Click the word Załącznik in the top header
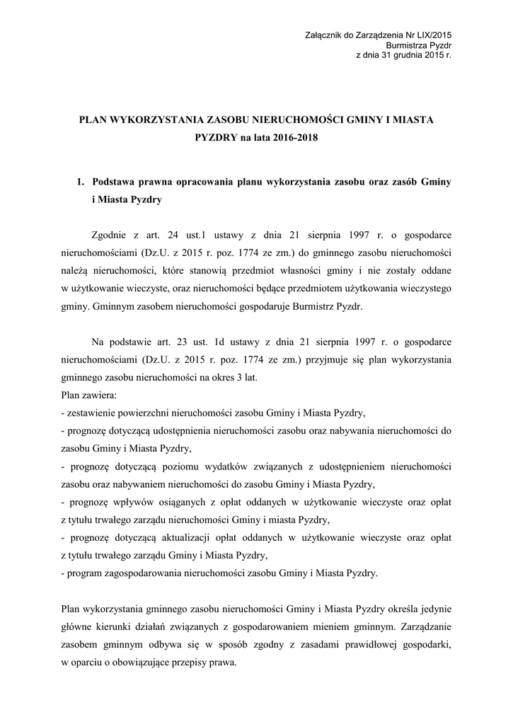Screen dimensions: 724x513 (323, 34)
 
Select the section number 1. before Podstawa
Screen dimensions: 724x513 (81, 181)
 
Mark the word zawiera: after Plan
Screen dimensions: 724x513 (99, 395)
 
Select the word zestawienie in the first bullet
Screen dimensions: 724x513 (90, 413)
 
